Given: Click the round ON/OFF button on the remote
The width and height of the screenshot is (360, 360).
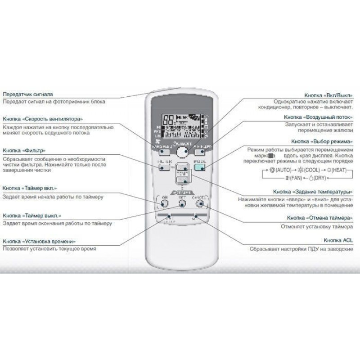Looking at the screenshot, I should pos(182,153).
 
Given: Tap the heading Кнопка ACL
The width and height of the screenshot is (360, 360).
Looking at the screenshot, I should pos(338,241).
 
